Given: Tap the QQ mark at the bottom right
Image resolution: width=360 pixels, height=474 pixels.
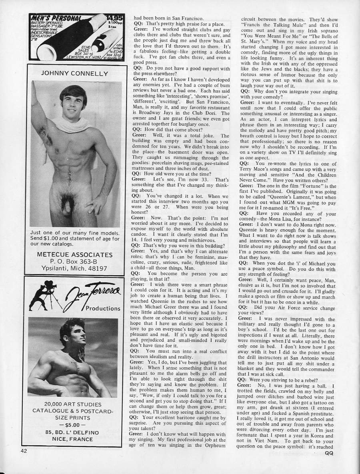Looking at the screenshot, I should [x=329, y=453].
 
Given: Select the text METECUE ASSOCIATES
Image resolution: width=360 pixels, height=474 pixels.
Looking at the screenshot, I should [x=75, y=254].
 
